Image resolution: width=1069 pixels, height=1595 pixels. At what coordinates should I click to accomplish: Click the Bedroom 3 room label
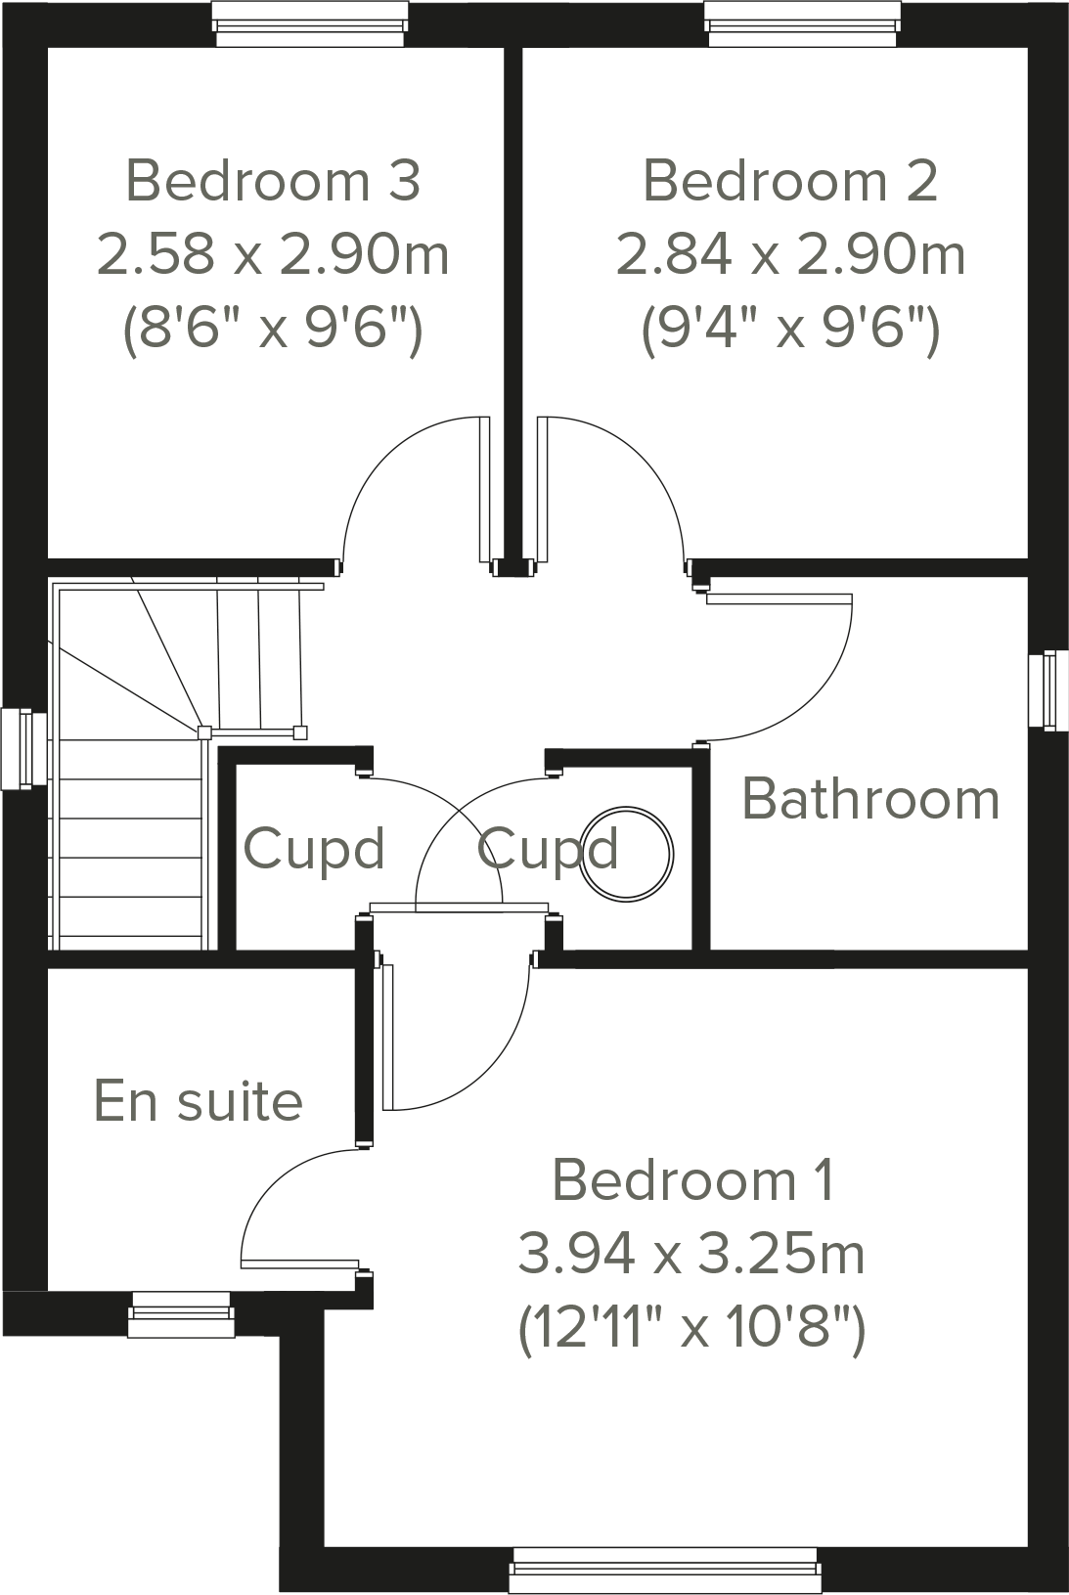[x=273, y=181]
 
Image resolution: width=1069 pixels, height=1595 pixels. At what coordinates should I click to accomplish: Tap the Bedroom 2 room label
[x=789, y=181]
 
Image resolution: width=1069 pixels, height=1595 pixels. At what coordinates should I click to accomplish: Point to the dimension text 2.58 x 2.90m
[x=273, y=254]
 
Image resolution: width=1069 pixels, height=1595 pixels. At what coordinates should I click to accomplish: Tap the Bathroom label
[x=870, y=799]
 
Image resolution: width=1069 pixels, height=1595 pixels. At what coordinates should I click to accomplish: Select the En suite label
[x=199, y=1101]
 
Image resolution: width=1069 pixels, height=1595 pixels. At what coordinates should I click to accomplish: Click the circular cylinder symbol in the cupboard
[x=626, y=853]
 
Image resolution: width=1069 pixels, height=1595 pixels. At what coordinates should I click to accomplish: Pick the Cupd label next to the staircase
[x=313, y=848]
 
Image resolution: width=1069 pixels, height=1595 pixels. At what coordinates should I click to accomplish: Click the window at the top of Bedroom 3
[x=310, y=23]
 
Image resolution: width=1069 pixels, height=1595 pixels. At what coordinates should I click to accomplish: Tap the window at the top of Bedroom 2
[x=802, y=23]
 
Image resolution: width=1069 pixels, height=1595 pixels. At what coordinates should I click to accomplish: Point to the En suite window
[x=181, y=1313]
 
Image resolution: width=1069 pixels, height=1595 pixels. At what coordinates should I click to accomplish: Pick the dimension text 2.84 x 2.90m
[x=789, y=254]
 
